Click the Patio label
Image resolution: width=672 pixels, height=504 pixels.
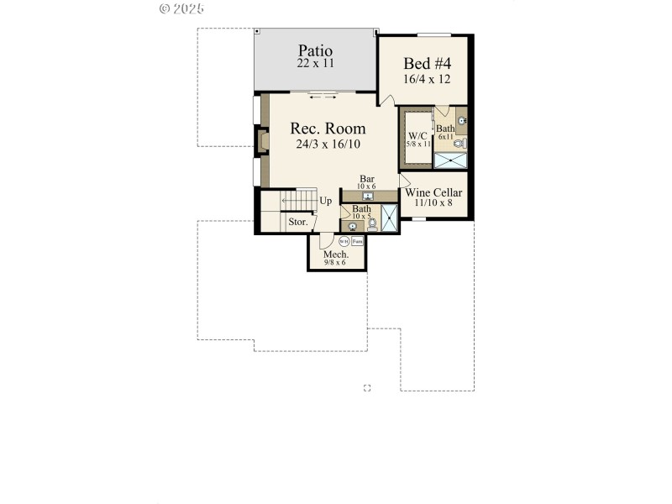tap(314, 50)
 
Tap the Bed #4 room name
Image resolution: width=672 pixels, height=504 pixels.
tap(428, 64)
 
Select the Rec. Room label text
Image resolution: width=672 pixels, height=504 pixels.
tap(328, 129)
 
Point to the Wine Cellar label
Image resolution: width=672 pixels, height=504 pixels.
tap(433, 192)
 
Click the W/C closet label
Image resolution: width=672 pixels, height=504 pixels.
tap(417, 135)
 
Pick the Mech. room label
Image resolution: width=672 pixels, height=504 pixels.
tap(336, 255)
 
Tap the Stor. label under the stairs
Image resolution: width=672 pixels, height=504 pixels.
tap(297, 223)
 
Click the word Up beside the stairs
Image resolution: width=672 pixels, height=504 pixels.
tap(325, 201)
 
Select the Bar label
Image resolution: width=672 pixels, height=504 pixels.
tap(367, 179)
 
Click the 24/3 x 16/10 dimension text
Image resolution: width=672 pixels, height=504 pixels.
tap(328, 144)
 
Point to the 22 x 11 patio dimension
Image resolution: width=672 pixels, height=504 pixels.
tap(314, 64)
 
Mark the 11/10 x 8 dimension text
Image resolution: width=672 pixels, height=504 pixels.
tap(433, 202)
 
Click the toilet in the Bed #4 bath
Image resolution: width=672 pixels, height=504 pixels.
tap(459, 144)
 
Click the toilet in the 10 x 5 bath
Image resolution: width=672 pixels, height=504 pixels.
tap(372, 223)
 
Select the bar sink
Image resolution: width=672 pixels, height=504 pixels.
tap(368, 197)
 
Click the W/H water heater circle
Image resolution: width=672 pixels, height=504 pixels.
tap(344, 241)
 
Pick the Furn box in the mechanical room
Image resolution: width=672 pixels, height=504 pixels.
tap(357, 241)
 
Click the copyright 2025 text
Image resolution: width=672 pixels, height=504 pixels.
tap(181, 8)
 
